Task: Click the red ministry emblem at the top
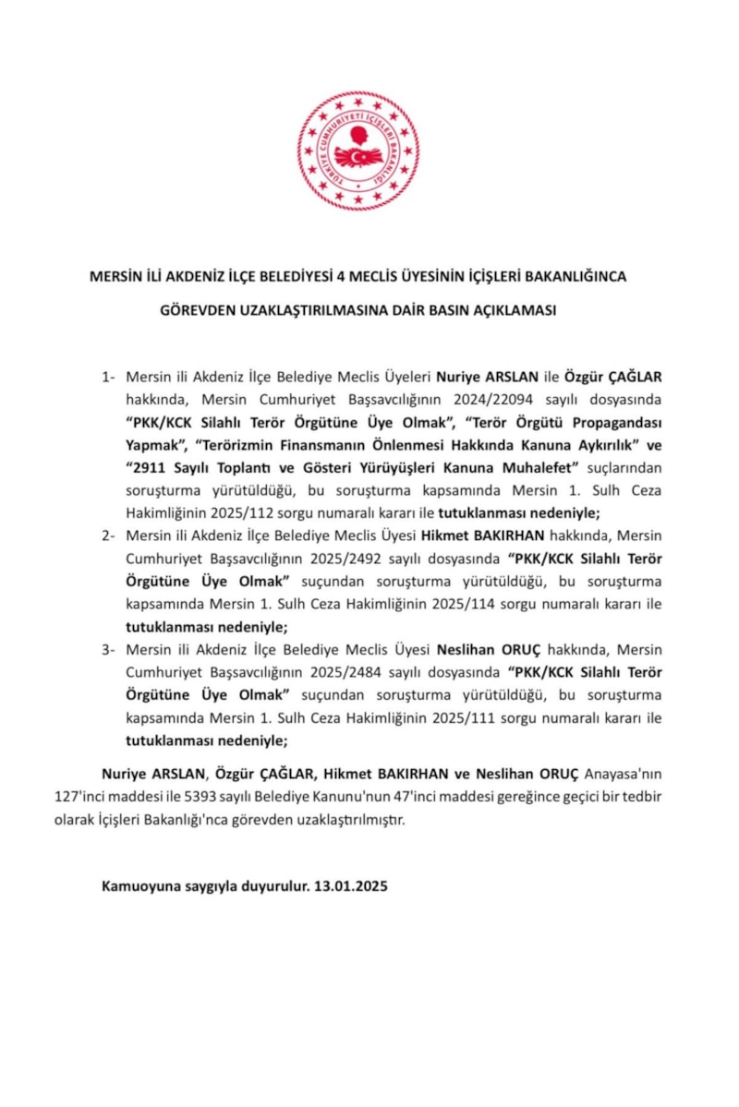pyautogui.click(x=357, y=150)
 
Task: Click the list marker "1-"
pyautogui.click(x=109, y=377)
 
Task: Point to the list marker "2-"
pyautogui.click(x=109, y=535)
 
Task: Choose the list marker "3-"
pyautogui.click(x=109, y=649)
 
